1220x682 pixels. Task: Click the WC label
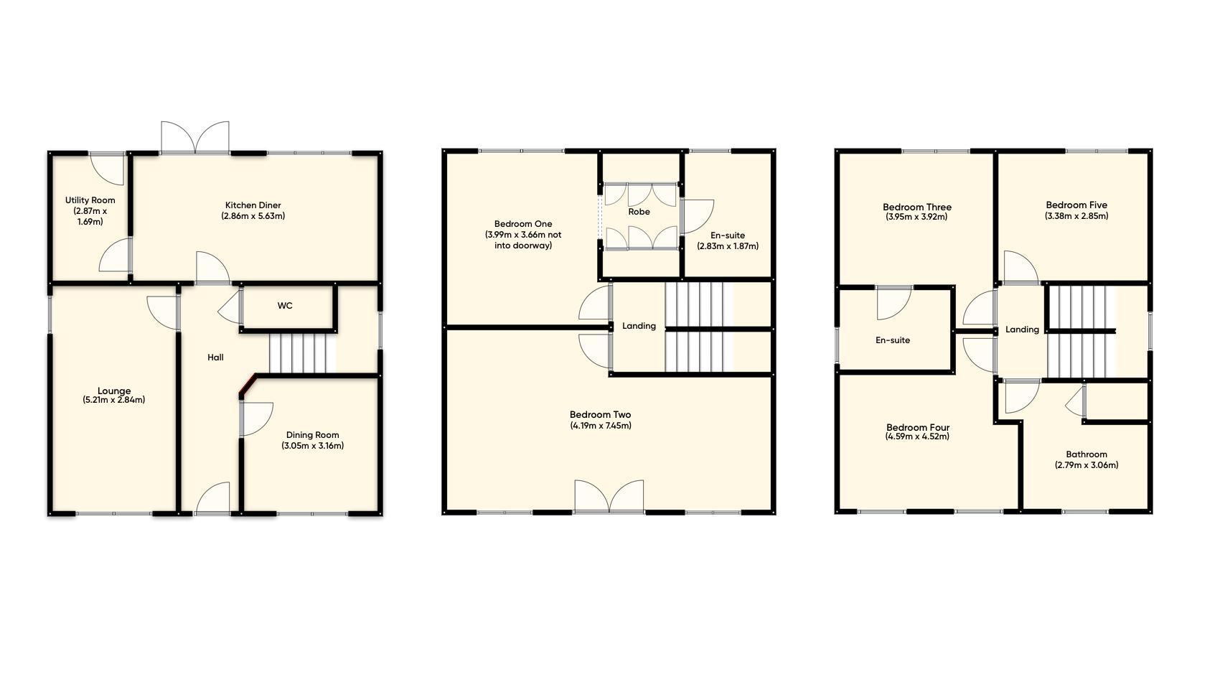pyautogui.click(x=285, y=306)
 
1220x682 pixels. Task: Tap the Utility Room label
pyautogui.click(x=90, y=200)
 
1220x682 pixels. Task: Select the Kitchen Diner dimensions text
pyautogui.click(x=253, y=216)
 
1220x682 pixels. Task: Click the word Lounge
pyautogui.click(x=114, y=391)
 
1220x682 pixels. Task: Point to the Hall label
pyautogui.click(x=215, y=358)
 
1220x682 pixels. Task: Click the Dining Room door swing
pyautogui.click(x=256, y=419)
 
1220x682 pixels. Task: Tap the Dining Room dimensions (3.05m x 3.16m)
pyautogui.click(x=312, y=446)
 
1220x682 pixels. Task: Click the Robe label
pyautogui.click(x=639, y=212)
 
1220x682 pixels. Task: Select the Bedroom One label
pyautogui.click(x=523, y=224)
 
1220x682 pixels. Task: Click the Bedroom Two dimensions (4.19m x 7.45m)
pyautogui.click(x=601, y=426)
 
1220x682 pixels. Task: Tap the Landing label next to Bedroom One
pyautogui.click(x=639, y=326)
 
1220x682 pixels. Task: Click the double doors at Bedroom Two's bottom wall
pyautogui.click(x=609, y=496)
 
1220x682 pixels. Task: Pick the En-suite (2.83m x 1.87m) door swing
pyautogui.click(x=697, y=216)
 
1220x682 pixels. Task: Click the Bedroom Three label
pyautogui.click(x=916, y=207)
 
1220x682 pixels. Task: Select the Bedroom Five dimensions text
pyautogui.click(x=1076, y=216)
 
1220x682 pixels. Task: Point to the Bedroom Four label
pyautogui.click(x=917, y=427)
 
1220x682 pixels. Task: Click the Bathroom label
pyautogui.click(x=1086, y=454)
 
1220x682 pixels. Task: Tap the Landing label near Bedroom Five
pyautogui.click(x=1022, y=330)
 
